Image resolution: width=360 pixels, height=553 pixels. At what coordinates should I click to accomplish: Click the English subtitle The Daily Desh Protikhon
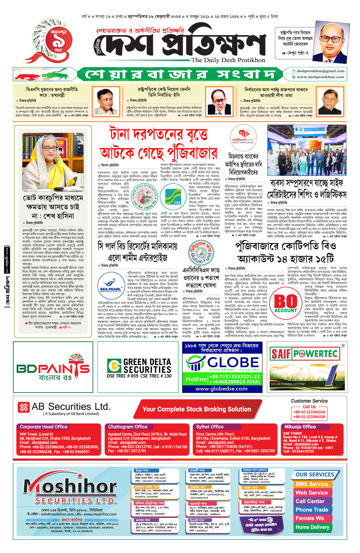click(228, 60)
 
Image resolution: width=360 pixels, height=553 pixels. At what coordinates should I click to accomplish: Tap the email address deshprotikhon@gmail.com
click(320, 71)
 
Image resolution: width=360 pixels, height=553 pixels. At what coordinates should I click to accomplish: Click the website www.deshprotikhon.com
click(320, 77)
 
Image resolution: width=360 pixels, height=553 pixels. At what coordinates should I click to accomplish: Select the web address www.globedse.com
click(221, 389)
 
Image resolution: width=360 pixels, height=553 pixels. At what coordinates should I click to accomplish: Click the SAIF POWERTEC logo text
click(304, 354)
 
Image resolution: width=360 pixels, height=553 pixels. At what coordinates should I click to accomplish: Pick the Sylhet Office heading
click(210, 427)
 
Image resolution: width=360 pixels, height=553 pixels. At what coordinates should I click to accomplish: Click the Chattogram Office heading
click(128, 427)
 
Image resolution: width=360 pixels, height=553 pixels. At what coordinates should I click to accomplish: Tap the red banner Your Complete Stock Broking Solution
click(196, 409)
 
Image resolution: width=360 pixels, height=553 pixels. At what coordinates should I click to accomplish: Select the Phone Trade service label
click(312, 510)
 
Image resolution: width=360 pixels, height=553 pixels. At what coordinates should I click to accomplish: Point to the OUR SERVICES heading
click(314, 475)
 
